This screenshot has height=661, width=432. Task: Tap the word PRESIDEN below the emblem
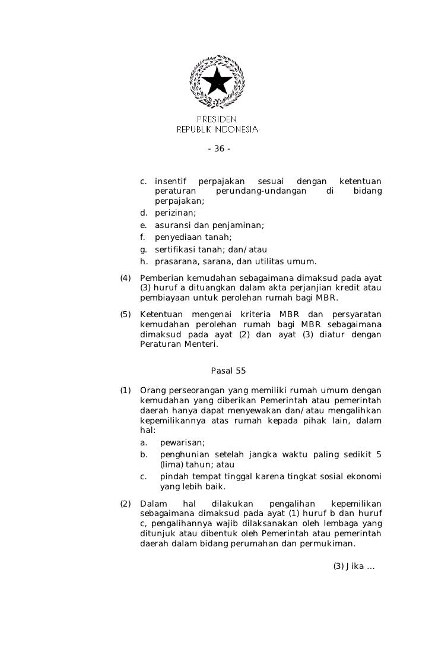(217, 119)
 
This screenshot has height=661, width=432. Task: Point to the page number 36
(219, 148)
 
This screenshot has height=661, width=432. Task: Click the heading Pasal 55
(228, 371)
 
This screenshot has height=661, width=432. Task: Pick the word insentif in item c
(170, 181)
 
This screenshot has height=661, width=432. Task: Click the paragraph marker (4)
(125, 279)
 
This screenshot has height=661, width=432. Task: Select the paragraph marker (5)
(125, 314)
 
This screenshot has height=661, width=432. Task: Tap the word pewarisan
(182, 443)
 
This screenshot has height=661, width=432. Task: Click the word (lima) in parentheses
(171, 464)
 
